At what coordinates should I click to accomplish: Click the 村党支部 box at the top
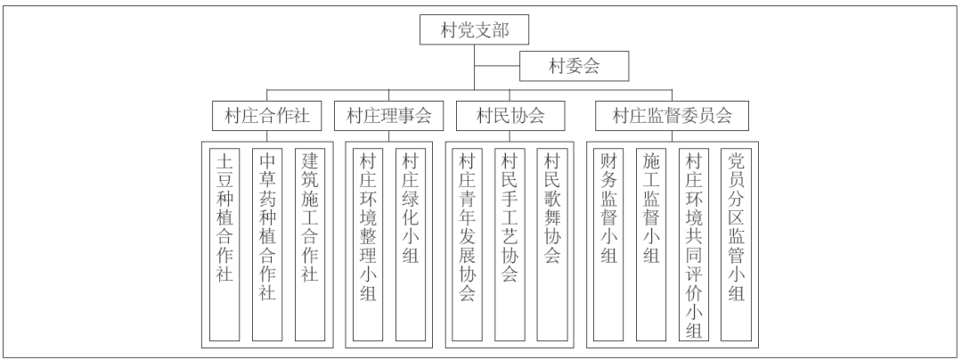pos(474,29)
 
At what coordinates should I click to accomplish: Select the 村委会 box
pos(575,66)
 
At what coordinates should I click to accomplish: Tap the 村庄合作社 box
pos(267,115)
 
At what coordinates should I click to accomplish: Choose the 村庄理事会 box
pos(389,115)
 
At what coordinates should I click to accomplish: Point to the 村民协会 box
pos(510,115)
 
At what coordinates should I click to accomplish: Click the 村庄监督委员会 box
pos(673,115)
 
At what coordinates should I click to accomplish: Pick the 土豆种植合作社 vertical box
pos(224,244)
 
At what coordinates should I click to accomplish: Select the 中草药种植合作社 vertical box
pos(267,244)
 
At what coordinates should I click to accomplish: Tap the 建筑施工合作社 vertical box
pos(310,244)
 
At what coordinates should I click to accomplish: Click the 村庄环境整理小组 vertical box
pos(368,244)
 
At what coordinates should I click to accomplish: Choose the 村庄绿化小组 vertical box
pos(411,244)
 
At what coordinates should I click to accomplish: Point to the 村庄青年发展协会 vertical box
pos(468,244)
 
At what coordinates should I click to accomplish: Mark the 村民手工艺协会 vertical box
pos(510,244)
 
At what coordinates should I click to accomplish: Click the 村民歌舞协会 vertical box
pos(552,244)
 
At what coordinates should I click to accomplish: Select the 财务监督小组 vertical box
pos(608,244)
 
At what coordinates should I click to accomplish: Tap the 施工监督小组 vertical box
pos(651,244)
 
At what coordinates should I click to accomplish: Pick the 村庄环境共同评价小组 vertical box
pos(694,244)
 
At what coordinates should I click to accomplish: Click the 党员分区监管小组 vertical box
pos(737,244)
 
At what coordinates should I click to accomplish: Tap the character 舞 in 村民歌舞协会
pos(552,217)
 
